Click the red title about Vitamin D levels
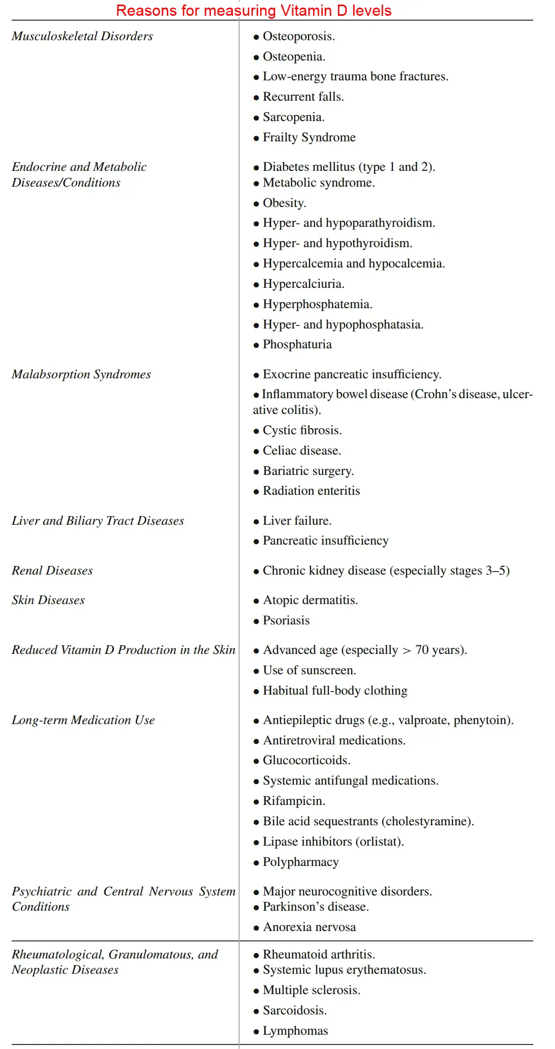(254, 11)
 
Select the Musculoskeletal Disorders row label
(82, 36)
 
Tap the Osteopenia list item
(294, 56)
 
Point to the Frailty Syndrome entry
(309, 137)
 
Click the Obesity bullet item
(284, 203)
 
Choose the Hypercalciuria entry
(303, 284)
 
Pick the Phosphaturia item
(297, 344)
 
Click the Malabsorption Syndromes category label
(81, 374)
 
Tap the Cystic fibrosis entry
(302, 430)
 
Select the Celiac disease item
(302, 451)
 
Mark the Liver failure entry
(297, 521)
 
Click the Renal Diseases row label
(52, 571)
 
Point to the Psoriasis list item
(286, 620)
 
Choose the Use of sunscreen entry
(309, 670)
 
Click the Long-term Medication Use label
(83, 720)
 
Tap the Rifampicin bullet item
(294, 801)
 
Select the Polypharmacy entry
(300, 862)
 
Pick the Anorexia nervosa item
(309, 927)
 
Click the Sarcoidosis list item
(295, 1010)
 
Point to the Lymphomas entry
(295, 1031)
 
